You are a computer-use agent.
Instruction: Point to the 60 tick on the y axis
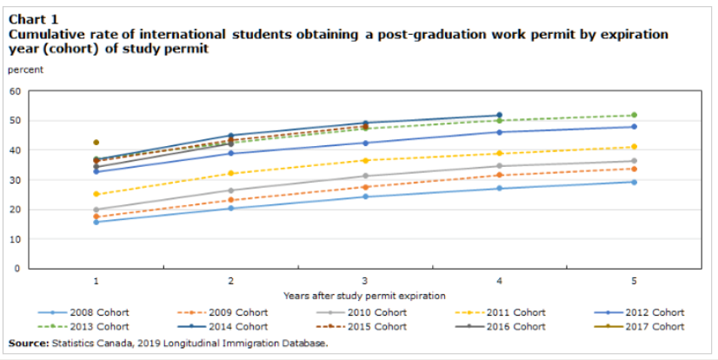point(15,91)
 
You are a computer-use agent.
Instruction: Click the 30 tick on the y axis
point(15,180)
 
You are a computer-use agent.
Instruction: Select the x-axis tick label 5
point(634,282)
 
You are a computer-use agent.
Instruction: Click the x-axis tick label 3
point(365,282)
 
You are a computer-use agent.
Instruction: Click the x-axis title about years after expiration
point(364,296)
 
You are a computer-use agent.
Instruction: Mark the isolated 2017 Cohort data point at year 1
point(96,143)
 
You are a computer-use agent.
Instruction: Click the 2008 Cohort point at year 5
point(634,182)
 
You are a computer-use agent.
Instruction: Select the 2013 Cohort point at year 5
point(634,116)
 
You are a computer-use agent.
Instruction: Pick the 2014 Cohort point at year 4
point(499,115)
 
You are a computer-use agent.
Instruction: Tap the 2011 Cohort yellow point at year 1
point(96,194)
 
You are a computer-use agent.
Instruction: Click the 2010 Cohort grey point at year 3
point(365,176)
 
